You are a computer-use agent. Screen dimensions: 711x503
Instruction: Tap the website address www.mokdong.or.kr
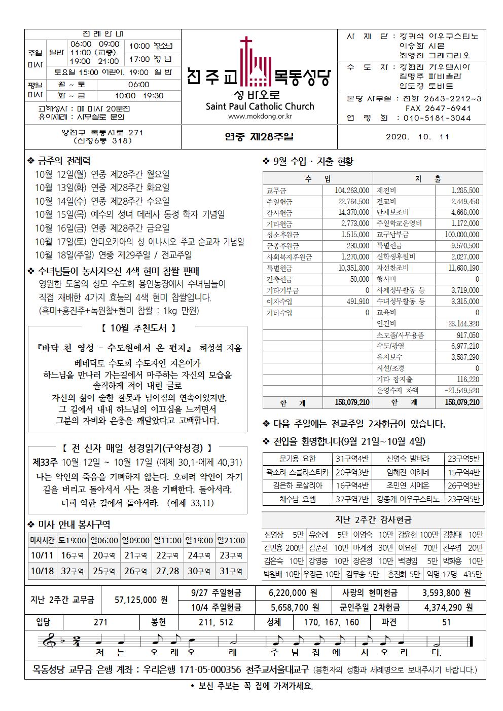pos(260,117)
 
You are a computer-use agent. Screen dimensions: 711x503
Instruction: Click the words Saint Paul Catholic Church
pos(260,106)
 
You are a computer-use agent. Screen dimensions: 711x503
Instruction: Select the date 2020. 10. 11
pos(417,137)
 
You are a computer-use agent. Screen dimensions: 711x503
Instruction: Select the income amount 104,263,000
pos(352,191)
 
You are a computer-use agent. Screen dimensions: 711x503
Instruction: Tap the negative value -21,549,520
pos(461,391)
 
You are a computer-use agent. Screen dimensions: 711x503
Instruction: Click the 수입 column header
pos(318,179)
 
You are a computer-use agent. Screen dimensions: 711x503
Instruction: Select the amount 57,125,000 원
pos(141,600)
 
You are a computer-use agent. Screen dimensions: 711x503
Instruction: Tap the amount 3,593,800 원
pos(447,592)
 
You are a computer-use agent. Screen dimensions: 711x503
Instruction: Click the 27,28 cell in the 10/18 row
pos(168,571)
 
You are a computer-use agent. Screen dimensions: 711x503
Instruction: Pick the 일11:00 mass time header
pos(168,541)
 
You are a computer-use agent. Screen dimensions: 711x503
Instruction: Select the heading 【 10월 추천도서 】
pos(137,328)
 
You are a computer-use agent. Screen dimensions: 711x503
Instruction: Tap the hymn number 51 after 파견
pos(446,622)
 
